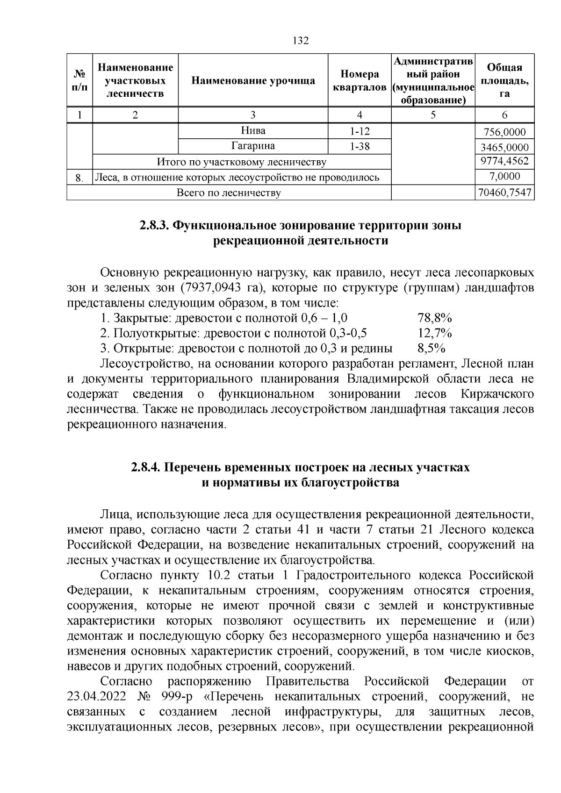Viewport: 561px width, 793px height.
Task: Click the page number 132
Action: (x=301, y=41)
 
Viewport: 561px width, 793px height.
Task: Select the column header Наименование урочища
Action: (x=253, y=80)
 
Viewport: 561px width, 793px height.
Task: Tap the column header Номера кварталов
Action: (x=359, y=80)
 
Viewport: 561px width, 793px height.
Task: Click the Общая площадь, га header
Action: (x=504, y=80)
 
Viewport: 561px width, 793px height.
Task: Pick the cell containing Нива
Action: (x=253, y=131)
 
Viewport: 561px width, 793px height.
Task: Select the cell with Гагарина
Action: (x=253, y=146)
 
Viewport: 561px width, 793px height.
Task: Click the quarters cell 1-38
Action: (x=359, y=146)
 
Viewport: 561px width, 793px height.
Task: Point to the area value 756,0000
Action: (x=504, y=132)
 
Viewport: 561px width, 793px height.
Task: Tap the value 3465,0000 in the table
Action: (x=504, y=148)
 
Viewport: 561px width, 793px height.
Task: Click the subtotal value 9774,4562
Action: (x=504, y=162)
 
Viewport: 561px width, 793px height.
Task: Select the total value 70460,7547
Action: (x=504, y=193)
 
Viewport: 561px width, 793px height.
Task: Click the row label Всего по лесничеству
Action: (x=229, y=193)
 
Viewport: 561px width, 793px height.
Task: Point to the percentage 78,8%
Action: (x=434, y=319)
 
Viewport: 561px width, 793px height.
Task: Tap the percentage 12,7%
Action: (x=434, y=333)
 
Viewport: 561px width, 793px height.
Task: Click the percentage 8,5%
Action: (x=431, y=348)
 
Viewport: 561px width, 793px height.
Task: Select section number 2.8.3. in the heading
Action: (x=155, y=225)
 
